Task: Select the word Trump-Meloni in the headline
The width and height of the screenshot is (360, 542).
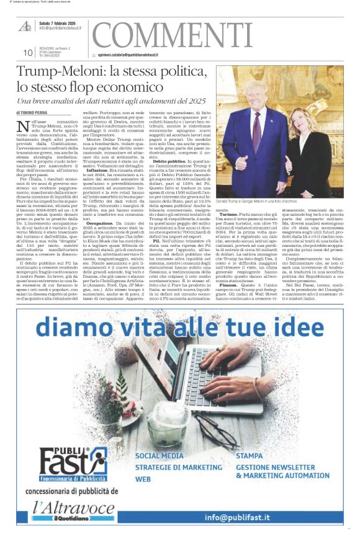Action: pyautogui.click(x=57, y=71)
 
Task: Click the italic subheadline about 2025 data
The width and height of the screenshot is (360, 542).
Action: pyautogui.click(x=111, y=100)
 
